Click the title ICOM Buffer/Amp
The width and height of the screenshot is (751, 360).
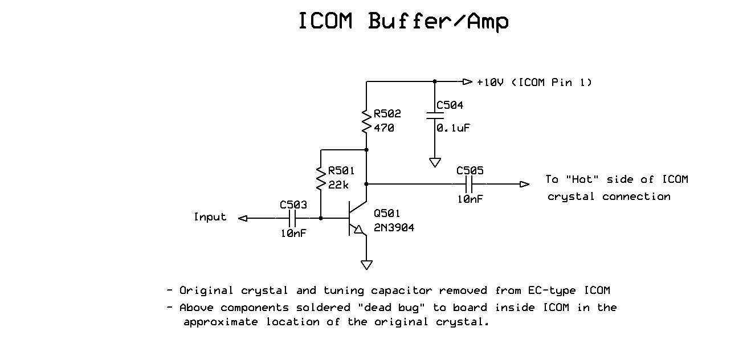tap(403, 21)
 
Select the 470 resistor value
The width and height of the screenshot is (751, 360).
tap(384, 128)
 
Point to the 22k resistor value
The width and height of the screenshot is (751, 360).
tap(338, 185)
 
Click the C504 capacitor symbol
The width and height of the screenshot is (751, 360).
tap(435, 116)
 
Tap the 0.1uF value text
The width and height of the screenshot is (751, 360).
tap(454, 128)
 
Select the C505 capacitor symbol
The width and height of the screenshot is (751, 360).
tap(470, 184)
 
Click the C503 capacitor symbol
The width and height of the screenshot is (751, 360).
tap(293, 218)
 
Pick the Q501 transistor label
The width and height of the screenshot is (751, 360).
tap(387, 214)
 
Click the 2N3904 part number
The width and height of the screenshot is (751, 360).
tap(394, 228)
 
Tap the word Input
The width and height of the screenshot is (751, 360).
tap(210, 217)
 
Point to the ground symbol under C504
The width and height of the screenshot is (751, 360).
tap(435, 162)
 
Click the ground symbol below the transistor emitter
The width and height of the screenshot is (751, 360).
tap(366, 264)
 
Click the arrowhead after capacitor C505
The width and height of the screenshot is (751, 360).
tap(524, 184)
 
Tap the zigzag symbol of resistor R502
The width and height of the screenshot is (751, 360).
tap(366, 121)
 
